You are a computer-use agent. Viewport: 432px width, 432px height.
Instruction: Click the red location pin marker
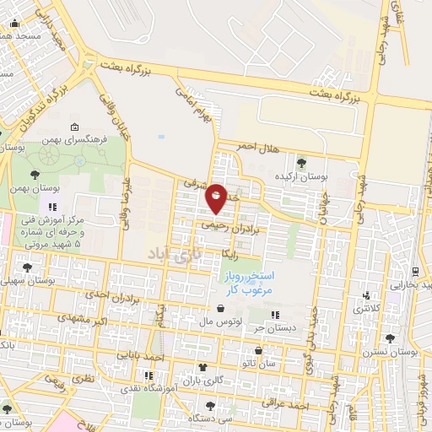pos(216,197)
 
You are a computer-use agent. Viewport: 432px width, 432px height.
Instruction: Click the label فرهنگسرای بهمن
pos(77,142)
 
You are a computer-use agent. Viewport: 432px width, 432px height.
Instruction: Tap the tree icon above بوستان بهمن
pos(35,175)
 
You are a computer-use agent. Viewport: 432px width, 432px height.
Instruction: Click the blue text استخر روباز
pos(246,277)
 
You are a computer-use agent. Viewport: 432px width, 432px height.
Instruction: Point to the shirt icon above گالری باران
pos(202,366)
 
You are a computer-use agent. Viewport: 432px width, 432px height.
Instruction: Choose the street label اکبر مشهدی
pos(84,321)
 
